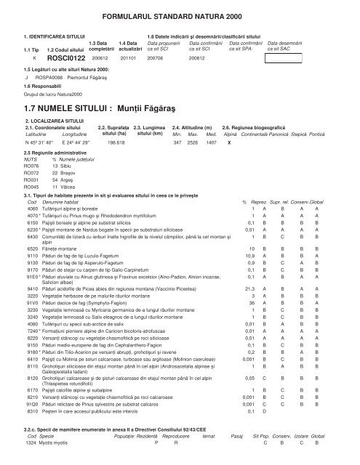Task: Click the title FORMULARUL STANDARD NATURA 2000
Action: click(x=180, y=16)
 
